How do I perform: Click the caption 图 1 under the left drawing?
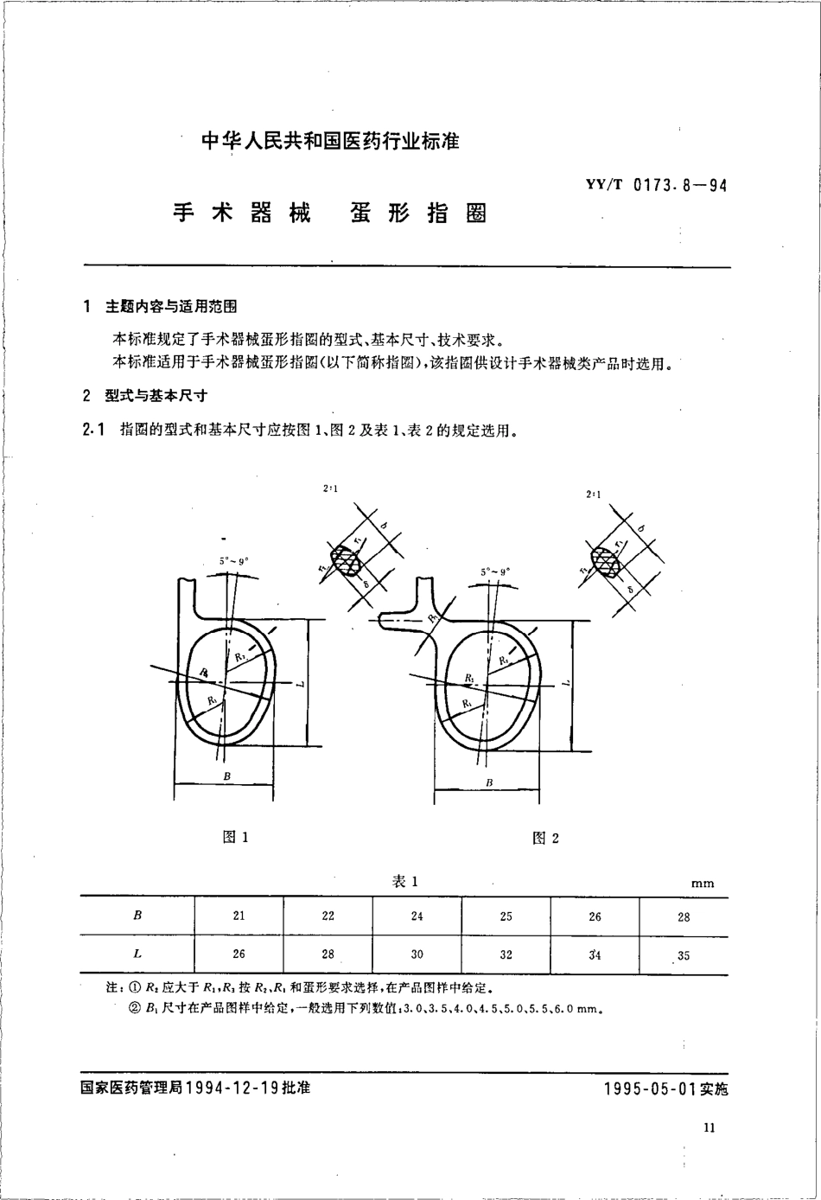[235, 837]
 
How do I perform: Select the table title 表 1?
[405, 881]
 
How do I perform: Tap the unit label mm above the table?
[703, 884]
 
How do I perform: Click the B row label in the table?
[137, 916]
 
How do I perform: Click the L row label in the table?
[137, 954]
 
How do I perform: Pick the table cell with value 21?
[239, 916]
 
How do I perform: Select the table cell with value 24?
[417, 916]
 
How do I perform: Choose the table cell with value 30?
[417, 954]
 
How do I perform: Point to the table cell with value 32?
[506, 954]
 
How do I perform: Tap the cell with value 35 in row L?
[684, 955]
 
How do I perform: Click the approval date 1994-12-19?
[231, 1088]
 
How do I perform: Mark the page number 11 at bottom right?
[710, 1127]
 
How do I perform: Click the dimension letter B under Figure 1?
[226, 777]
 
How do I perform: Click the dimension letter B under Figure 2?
[489, 782]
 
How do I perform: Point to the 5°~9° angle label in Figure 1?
[233, 561]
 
